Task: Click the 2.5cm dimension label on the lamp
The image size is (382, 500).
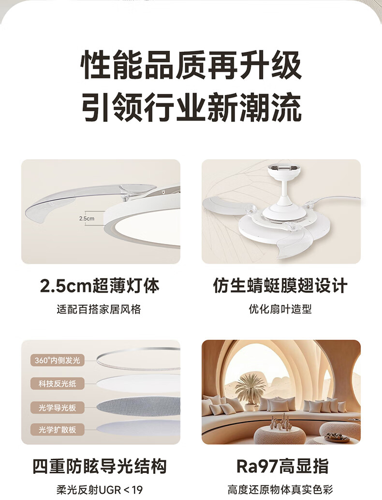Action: point(87,218)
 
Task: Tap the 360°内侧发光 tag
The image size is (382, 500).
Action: point(58,360)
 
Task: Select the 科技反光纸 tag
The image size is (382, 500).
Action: point(58,384)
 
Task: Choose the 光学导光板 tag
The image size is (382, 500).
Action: point(58,408)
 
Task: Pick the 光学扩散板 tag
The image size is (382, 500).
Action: point(58,429)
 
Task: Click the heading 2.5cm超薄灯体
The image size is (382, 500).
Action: point(100,286)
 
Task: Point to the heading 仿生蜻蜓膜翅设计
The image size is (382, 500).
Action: point(280,286)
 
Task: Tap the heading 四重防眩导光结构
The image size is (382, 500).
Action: point(100,466)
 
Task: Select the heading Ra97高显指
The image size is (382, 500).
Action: point(282,466)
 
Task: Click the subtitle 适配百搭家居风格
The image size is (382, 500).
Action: point(99,309)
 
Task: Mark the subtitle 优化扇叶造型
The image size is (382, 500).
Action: point(280,309)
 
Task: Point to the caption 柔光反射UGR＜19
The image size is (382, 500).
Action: point(100,490)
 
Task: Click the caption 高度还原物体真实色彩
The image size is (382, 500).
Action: point(280,490)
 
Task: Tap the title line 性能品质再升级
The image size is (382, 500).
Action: point(191,65)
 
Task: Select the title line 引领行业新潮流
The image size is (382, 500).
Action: point(191,107)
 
